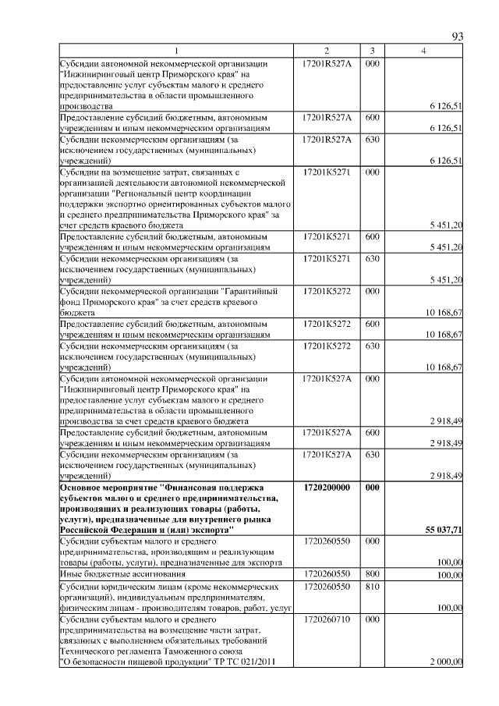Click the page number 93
[458, 37]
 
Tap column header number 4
[423, 51]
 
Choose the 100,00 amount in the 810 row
[449, 606]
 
